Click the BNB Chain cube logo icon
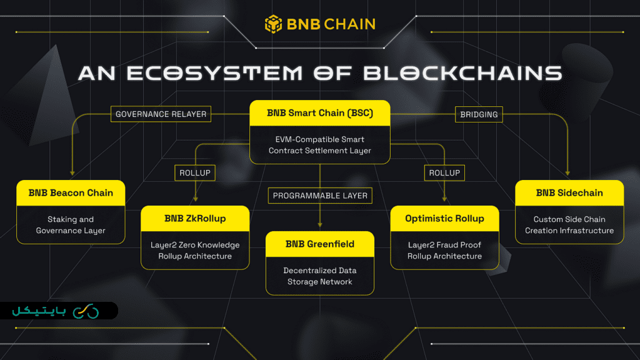[x=273, y=24]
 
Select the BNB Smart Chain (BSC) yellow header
[x=320, y=113]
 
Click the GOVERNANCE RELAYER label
[x=161, y=114]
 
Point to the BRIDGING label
[x=479, y=114]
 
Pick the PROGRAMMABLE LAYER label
[x=320, y=196]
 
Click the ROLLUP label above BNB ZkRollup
[x=195, y=172]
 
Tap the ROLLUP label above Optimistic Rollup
[x=444, y=172]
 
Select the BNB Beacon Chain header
[x=71, y=192]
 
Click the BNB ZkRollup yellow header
[x=195, y=218]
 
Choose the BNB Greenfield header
[x=320, y=244]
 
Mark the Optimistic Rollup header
[x=444, y=218]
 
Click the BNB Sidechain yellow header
[x=569, y=192]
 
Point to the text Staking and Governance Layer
[x=71, y=225]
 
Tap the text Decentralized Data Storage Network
[x=320, y=276]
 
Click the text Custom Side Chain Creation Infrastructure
[x=569, y=225]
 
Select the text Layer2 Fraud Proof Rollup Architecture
[x=444, y=251]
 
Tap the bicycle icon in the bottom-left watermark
[x=86, y=311]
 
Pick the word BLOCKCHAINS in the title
[x=462, y=73]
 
